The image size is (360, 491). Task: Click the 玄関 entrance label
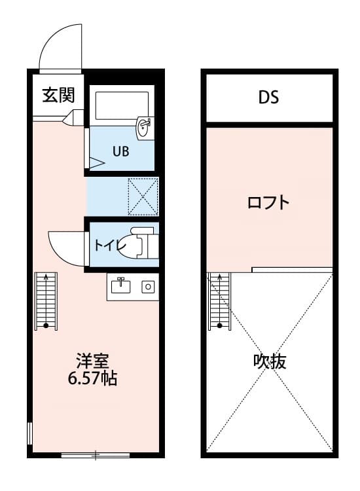58,96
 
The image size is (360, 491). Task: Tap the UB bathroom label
120,151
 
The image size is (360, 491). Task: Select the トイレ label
107,245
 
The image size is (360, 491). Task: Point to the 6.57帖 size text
95,378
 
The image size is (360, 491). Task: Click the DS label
268,98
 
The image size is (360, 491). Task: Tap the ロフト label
268,202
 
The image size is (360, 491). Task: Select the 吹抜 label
270,361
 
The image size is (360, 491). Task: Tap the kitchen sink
122,286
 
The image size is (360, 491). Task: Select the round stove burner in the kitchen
148,287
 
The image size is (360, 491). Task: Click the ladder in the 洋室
46,300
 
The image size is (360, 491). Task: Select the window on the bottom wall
95,454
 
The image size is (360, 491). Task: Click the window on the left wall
29,433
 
